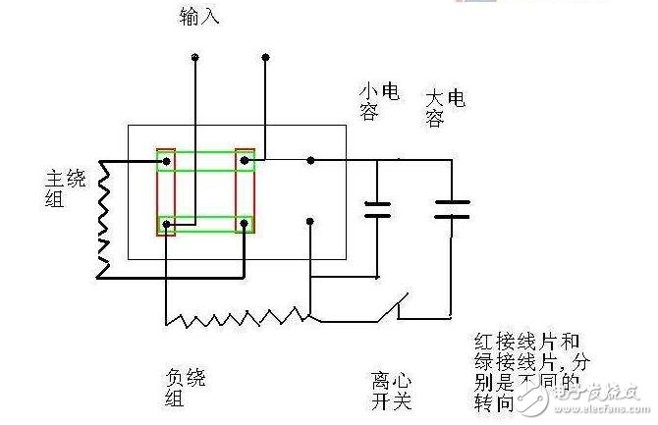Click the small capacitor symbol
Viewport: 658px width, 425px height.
[x=377, y=207]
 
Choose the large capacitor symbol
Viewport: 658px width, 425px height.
[x=452, y=207]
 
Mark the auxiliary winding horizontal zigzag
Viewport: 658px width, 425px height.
[x=237, y=315]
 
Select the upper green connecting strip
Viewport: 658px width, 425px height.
[x=206, y=160]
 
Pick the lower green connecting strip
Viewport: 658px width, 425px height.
[x=206, y=224]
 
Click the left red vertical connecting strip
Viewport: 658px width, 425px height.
[x=167, y=192]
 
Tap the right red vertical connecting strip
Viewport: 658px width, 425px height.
[x=244, y=192]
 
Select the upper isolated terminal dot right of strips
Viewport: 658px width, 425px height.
[x=310, y=160]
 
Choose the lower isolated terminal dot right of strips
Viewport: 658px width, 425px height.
[x=310, y=222]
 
